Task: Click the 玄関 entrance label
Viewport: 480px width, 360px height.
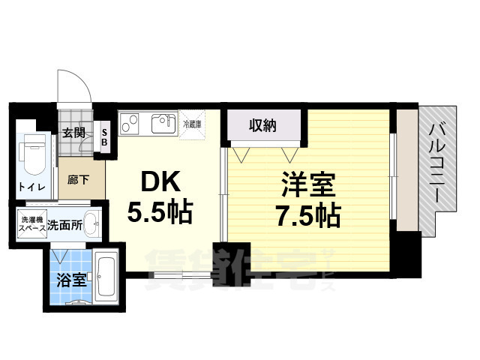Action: click(x=73, y=134)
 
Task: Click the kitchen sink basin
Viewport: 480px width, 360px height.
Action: click(x=164, y=124)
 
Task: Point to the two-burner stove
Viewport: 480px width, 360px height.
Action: click(x=129, y=121)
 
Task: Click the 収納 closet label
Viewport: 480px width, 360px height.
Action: click(x=263, y=126)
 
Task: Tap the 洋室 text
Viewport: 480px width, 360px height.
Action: click(x=309, y=184)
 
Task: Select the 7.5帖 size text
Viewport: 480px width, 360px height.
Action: click(x=309, y=216)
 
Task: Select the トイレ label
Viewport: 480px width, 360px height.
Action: click(x=31, y=187)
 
